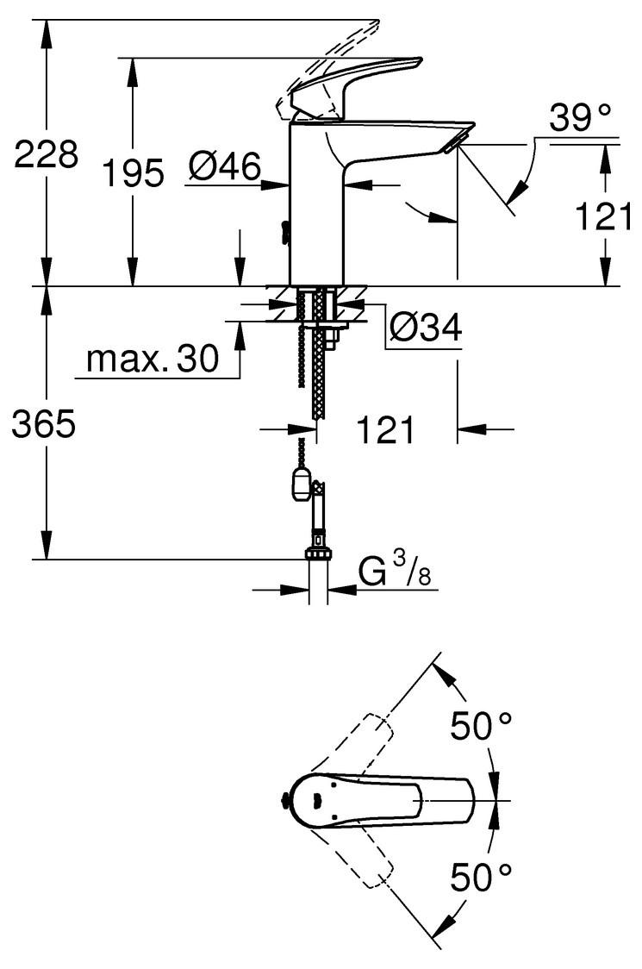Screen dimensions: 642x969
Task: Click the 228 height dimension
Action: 47,153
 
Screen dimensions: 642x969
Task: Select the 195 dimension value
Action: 134,172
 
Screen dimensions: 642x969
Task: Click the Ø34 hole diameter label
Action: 426,327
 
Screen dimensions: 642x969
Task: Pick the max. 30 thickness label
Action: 153,358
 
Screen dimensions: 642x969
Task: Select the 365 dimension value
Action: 44,424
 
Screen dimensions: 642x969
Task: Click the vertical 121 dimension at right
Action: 604,216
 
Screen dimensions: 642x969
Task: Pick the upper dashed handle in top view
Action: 352,750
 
